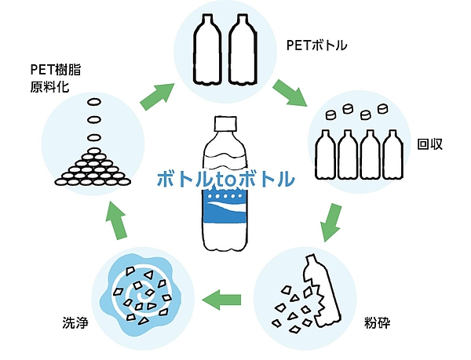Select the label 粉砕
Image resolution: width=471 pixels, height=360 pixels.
(x=377, y=321)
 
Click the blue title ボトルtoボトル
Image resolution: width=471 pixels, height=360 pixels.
(x=225, y=179)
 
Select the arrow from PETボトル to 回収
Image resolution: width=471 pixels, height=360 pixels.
(x=290, y=94)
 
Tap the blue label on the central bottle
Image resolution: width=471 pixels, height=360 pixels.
(x=226, y=211)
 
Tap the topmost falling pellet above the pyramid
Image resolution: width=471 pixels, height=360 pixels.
(x=93, y=102)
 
